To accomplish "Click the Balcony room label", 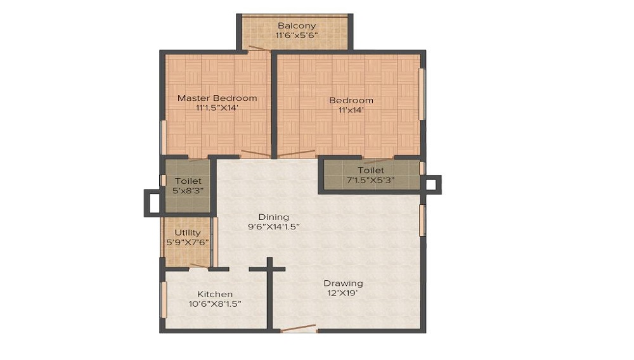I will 296,26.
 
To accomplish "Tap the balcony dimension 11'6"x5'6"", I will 296,35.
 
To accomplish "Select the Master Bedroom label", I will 217,98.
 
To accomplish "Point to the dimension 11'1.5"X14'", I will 217,108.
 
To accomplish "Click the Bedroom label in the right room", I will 351,100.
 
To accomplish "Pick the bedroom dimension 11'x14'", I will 351,110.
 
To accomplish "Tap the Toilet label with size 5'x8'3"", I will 188,181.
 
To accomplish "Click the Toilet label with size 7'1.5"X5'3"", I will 370,170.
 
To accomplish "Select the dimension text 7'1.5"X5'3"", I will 370,180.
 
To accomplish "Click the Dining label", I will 273,217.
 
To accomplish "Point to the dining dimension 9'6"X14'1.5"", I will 273,226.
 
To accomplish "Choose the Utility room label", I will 187,233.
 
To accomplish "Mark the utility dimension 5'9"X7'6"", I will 187,242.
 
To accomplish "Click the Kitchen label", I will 215,294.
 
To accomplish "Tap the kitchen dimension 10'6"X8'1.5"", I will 215,304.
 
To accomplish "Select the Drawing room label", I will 343,283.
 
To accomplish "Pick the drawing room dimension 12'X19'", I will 343,293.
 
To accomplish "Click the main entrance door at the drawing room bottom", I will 298,328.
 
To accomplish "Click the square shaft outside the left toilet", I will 153,203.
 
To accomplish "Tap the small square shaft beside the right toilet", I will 432,184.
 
